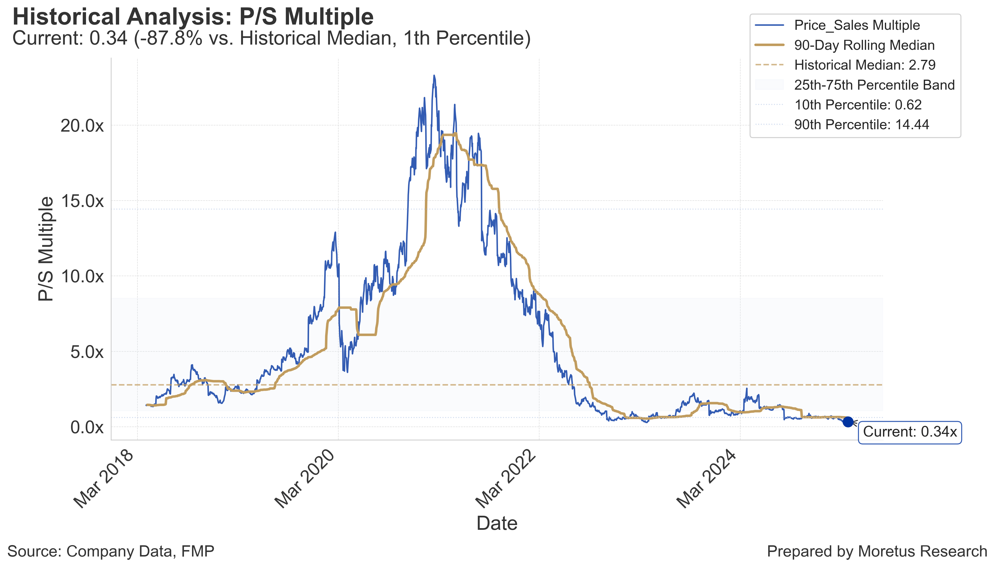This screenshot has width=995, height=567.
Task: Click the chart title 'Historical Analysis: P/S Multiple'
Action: pos(193,17)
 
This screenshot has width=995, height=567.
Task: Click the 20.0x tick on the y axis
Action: pos(82,126)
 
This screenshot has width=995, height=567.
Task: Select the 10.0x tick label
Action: pos(82,277)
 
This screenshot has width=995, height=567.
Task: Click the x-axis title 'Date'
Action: pos(497,523)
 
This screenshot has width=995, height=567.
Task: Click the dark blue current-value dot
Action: pos(848,422)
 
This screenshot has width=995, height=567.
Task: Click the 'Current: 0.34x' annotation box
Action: pos(909,432)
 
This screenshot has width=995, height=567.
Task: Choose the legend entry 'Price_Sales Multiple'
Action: pos(857,25)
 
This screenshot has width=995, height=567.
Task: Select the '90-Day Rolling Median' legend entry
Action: pos(864,45)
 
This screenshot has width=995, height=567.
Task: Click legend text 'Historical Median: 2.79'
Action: pos(865,65)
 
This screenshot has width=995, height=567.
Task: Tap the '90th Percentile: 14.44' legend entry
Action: pos(862,125)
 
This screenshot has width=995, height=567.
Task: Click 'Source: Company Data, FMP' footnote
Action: pos(111,552)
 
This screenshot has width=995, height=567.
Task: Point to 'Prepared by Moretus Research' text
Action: pos(877,552)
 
